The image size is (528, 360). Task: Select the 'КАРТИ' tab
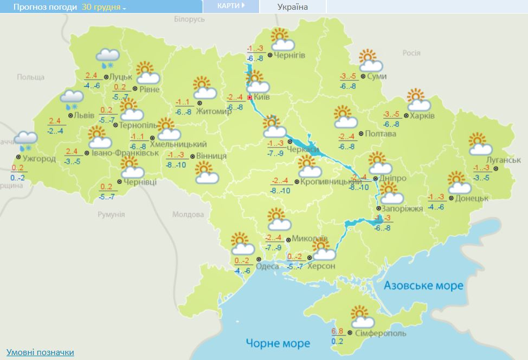coord(230,6)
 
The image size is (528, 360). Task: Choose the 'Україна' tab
coord(292,7)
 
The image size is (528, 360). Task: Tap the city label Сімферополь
coord(379,333)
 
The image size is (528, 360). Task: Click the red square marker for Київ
coord(249,98)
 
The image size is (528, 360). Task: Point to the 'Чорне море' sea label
coord(278,343)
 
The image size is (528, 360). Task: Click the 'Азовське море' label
coord(424,286)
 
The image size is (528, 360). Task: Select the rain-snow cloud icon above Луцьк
coord(107,57)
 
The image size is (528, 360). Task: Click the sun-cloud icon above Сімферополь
coord(362,317)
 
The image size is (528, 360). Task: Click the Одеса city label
coord(267,266)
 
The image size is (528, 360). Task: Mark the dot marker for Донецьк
coord(450,198)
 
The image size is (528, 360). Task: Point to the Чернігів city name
coord(289,55)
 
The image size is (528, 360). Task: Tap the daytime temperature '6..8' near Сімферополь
coord(337,332)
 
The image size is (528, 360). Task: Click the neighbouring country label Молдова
coord(188,214)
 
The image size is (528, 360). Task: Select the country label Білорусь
coord(190,19)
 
